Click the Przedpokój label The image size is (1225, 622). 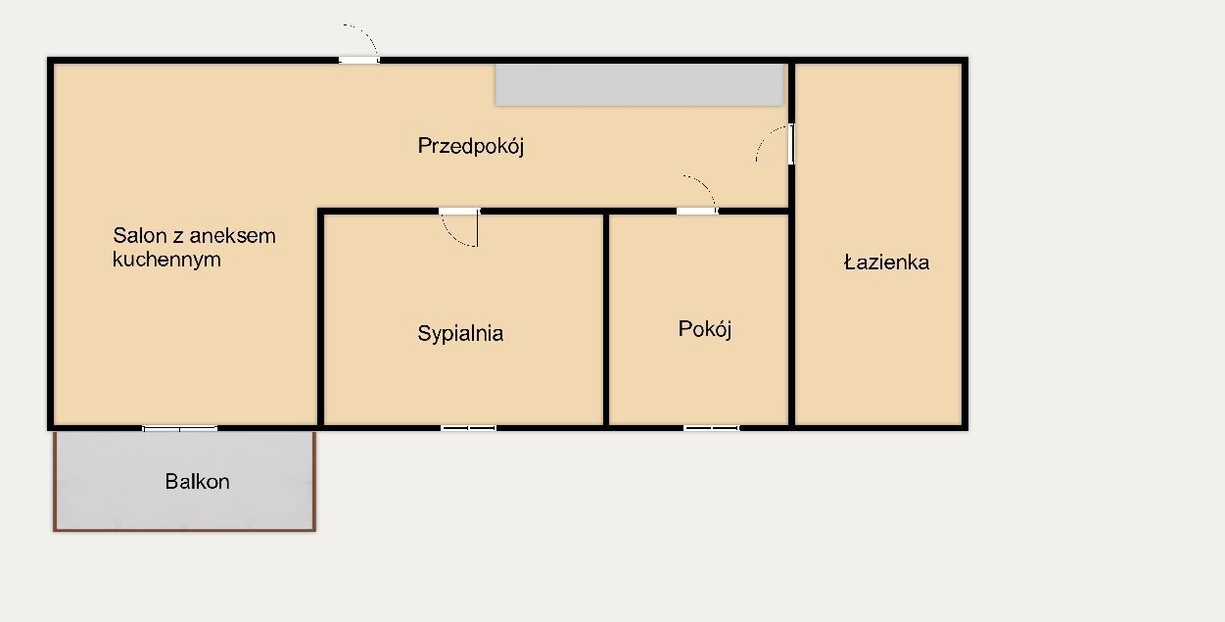point(471,146)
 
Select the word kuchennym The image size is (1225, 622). point(166,259)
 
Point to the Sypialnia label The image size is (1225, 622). point(460,333)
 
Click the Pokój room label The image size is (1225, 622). point(704,329)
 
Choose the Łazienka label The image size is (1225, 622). point(886,263)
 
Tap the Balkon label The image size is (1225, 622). point(197,481)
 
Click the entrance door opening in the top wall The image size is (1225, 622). point(358,60)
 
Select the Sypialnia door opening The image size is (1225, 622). point(459,212)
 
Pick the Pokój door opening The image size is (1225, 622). point(697,212)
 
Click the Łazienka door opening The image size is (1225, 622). point(791,144)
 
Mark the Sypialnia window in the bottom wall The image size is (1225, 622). point(469,428)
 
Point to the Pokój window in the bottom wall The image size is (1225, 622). point(712,428)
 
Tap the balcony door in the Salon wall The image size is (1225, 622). point(180,428)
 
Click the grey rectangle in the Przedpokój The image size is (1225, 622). point(639,85)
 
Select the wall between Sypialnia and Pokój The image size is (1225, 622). point(606,319)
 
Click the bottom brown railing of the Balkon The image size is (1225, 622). point(184,530)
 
